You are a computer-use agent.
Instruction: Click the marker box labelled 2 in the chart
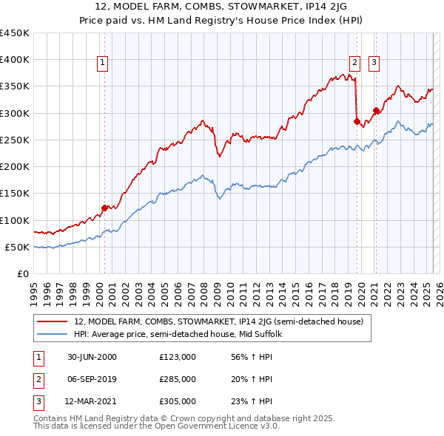[x=355, y=63]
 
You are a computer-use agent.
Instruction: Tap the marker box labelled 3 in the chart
[x=374, y=63]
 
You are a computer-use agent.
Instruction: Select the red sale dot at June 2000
[x=104, y=208]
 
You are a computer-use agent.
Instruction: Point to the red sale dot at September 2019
[x=357, y=121]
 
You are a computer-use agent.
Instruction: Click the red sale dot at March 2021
[x=376, y=111]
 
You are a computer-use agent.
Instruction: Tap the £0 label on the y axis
[x=22, y=273]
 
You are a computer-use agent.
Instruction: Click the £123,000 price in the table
[x=177, y=356]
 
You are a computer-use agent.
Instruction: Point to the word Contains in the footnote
[x=50, y=418]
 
